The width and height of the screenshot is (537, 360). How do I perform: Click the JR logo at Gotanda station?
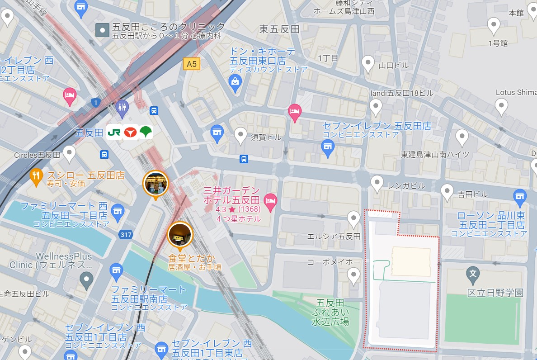113,133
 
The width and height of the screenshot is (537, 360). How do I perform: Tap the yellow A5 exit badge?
192,64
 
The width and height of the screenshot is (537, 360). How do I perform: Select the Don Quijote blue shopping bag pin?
235,82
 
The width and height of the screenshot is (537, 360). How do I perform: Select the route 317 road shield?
126,235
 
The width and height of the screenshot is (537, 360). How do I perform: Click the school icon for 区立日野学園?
473,274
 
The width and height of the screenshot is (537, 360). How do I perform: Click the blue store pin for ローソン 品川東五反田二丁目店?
520,196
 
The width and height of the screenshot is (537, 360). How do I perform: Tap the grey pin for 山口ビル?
369,63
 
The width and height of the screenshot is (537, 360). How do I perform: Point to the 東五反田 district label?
279,29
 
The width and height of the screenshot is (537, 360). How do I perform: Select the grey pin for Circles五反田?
69,154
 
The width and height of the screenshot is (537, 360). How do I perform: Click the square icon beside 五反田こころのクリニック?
103,31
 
